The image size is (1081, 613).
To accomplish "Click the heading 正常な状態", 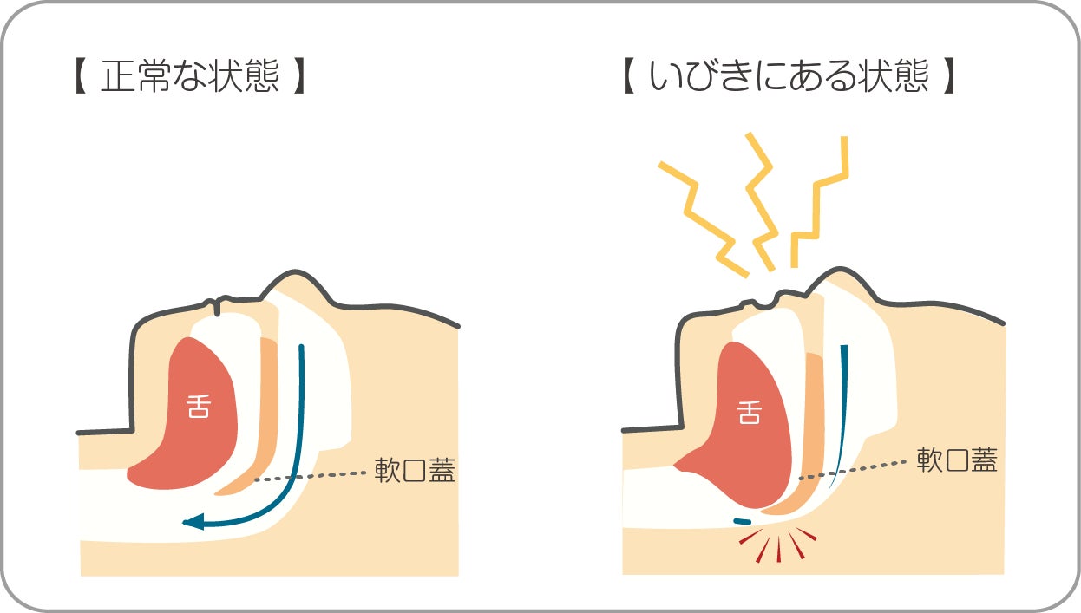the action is coord(190,75).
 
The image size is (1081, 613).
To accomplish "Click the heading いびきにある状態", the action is coord(789,75).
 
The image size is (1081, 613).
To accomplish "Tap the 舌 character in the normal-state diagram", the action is coord(199,406).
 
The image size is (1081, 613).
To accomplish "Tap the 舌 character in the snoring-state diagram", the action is coord(750,412).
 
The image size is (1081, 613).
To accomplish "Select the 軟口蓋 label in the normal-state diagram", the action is coord(415,470).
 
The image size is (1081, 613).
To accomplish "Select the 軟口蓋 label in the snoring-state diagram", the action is coord(957,460).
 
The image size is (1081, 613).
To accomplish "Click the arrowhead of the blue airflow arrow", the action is coord(193,521).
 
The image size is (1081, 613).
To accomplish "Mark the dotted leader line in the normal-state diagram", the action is coord(310,477).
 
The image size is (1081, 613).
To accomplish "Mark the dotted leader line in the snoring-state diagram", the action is coord(853,470).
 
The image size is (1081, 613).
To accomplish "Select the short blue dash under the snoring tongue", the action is coord(743,521).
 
